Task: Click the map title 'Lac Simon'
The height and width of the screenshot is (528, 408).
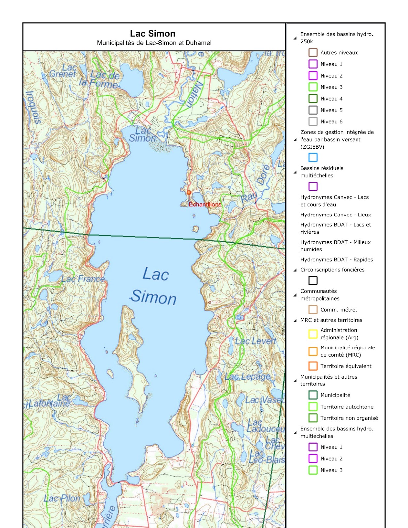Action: pos(153,34)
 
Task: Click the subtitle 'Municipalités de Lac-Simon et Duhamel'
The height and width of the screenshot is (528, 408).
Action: pos(154,43)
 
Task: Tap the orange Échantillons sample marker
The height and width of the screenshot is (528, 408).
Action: pos(189,193)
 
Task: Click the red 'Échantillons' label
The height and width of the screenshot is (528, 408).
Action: pos(205,205)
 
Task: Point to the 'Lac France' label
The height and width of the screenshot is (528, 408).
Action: pos(83,279)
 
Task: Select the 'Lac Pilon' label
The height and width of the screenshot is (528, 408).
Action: pos(62,498)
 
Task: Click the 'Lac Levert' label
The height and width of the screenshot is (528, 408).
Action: pos(255,341)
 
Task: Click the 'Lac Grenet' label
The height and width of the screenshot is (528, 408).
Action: pos(63,71)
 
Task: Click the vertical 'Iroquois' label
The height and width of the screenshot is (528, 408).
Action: pos(33,108)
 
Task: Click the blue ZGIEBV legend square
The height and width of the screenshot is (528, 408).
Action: pos(313,158)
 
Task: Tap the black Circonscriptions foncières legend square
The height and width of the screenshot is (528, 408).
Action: pos(313,280)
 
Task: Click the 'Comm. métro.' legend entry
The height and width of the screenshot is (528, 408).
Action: pos(338,310)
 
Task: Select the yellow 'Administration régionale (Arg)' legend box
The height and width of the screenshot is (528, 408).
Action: pos(313,334)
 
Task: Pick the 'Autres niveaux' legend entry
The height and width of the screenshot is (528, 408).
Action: pos(339,53)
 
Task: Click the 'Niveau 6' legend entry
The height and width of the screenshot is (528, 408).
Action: pos(331,122)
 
